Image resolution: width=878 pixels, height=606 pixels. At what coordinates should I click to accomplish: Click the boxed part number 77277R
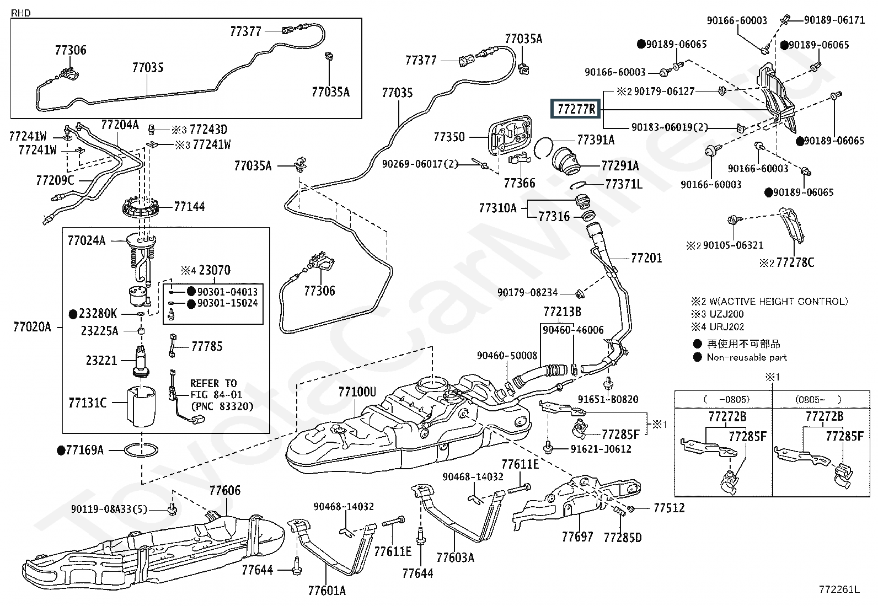coord(576,109)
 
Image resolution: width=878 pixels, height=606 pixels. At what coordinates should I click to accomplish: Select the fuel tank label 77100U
coord(357,392)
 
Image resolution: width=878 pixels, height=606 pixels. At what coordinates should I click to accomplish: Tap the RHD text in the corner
coord(20,13)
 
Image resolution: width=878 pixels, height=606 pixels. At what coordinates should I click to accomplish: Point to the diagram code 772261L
coord(839,589)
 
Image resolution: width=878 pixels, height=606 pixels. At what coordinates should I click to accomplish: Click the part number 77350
coord(449,136)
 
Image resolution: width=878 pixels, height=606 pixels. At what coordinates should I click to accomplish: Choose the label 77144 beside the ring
coord(189,207)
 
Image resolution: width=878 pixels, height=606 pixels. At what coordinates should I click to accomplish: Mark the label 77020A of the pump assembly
coord(32,327)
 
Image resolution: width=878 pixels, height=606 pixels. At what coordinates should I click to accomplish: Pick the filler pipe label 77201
coord(646,258)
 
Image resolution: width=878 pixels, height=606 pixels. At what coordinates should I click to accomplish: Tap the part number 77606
coord(224,490)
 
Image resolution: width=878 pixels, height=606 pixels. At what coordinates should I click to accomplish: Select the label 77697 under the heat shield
coord(577,537)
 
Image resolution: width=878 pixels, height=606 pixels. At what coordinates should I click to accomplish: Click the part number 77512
coord(669,507)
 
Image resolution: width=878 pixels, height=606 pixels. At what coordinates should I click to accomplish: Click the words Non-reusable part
coord(747,357)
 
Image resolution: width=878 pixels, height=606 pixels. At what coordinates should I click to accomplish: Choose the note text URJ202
coord(727,326)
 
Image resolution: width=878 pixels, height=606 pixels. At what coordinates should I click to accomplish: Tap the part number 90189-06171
coord(834,20)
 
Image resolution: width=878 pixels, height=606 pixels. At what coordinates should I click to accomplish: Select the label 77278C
coord(795,262)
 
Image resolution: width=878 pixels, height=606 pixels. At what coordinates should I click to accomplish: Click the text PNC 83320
coord(222,406)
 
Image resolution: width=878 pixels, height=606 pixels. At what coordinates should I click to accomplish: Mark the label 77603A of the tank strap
coord(455,557)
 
